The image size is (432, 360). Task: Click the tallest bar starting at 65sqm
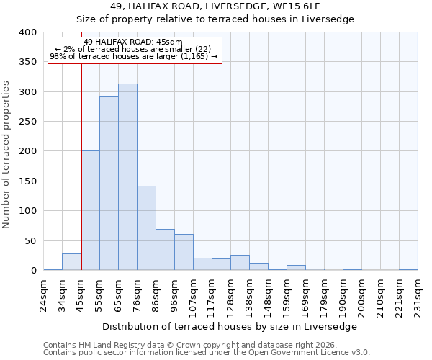127,177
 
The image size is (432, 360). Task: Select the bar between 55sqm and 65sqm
109,184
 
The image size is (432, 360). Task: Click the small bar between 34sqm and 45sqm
71,262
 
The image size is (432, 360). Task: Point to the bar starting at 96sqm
184,252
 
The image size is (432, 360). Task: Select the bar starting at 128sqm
240,263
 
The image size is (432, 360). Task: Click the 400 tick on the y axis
27,32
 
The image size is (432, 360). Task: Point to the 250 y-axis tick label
27,122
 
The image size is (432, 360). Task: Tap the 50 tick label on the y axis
30,240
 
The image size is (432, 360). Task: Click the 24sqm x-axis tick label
44,292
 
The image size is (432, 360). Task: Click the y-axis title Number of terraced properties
7,155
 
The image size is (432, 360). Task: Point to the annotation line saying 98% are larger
134,56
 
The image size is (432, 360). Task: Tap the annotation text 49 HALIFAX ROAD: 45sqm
134,42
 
